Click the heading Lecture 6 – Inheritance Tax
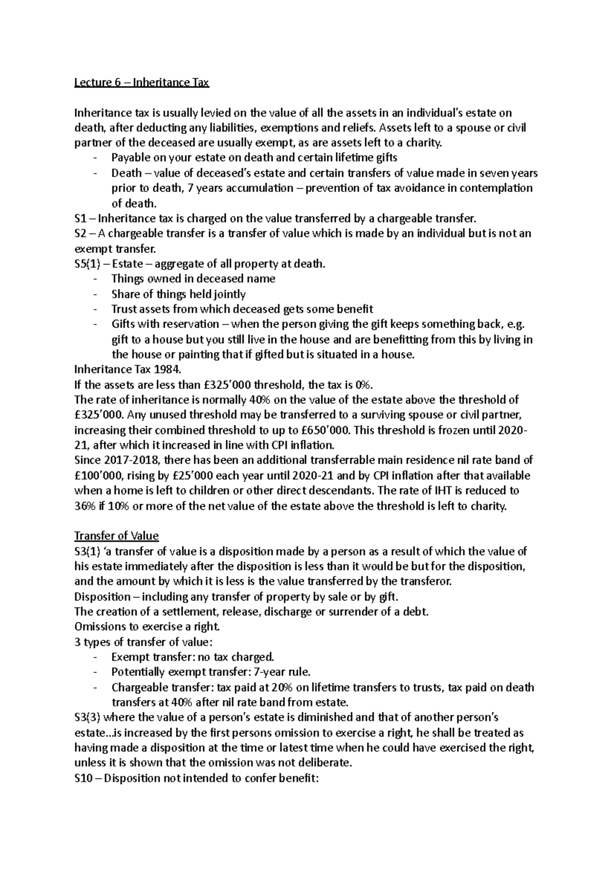[x=142, y=82]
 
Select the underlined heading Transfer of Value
[x=117, y=536]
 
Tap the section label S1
[x=80, y=219]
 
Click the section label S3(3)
[x=89, y=718]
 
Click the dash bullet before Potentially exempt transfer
[x=95, y=672]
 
